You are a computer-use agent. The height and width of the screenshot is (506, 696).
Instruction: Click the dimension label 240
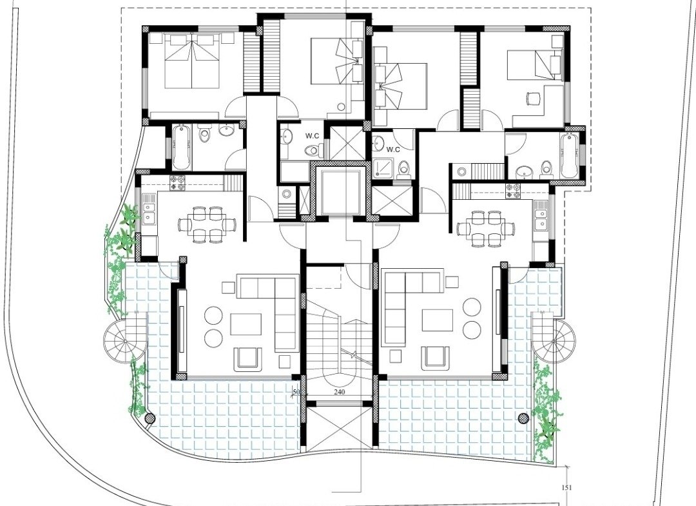[340, 393]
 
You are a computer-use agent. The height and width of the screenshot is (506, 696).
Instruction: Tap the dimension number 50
[297, 393]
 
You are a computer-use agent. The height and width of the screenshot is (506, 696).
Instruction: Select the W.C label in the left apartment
[310, 136]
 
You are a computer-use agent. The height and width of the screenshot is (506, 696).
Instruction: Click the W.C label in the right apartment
[393, 150]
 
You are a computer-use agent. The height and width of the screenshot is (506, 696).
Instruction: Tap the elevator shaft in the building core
[340, 191]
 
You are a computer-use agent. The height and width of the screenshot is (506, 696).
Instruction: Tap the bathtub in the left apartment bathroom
[182, 147]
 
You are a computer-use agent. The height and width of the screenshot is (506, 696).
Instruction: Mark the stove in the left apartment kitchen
[179, 183]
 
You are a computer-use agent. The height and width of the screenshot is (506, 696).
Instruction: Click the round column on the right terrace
[524, 418]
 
